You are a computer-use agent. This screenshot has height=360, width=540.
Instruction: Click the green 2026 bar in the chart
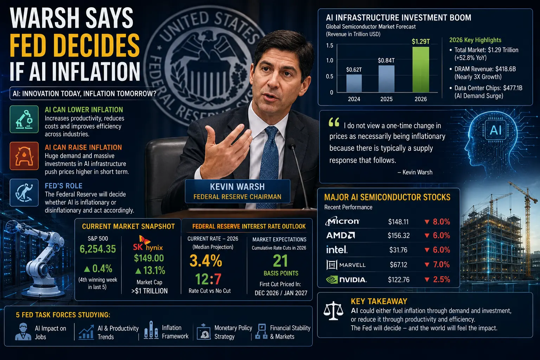[x=421, y=70]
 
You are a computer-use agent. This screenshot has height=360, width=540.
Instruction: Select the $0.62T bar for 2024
[x=354, y=83]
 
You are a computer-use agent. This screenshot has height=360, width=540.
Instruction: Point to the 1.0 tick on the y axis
[x=329, y=60]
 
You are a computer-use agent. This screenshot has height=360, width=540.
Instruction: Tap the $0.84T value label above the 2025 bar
[x=386, y=60]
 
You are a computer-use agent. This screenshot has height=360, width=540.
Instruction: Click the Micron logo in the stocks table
[x=342, y=221]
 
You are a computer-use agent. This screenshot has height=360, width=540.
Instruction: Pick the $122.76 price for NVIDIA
[x=399, y=279]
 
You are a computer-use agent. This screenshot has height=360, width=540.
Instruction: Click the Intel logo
[x=337, y=250]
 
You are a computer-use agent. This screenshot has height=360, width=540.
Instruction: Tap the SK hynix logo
[x=148, y=243]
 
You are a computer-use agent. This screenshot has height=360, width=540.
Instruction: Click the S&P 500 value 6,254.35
[x=98, y=249]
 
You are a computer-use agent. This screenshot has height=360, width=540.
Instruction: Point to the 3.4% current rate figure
[x=206, y=261]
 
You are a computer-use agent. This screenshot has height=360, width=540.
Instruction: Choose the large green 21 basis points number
[x=280, y=261]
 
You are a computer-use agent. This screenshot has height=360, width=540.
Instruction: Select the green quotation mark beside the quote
[x=334, y=122]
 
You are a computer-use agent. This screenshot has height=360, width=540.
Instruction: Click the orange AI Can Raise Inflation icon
[x=24, y=156]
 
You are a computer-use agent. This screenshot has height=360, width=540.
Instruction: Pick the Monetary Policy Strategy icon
[x=204, y=332]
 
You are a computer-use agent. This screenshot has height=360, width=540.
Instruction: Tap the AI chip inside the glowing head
[x=495, y=130]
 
